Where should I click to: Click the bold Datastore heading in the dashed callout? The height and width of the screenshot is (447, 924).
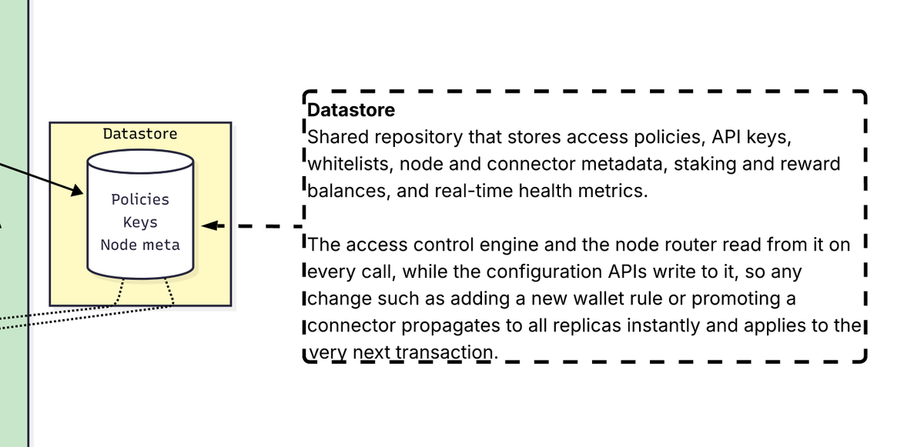[351, 110]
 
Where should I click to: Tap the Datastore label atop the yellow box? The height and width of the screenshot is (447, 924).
[140, 134]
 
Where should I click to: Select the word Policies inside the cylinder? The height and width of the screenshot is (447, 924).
[140, 199]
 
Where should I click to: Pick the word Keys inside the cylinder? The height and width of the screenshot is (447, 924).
[140, 222]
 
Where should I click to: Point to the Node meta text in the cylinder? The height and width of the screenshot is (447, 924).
[140, 245]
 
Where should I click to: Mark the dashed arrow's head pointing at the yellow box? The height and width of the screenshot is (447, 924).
[211, 226]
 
